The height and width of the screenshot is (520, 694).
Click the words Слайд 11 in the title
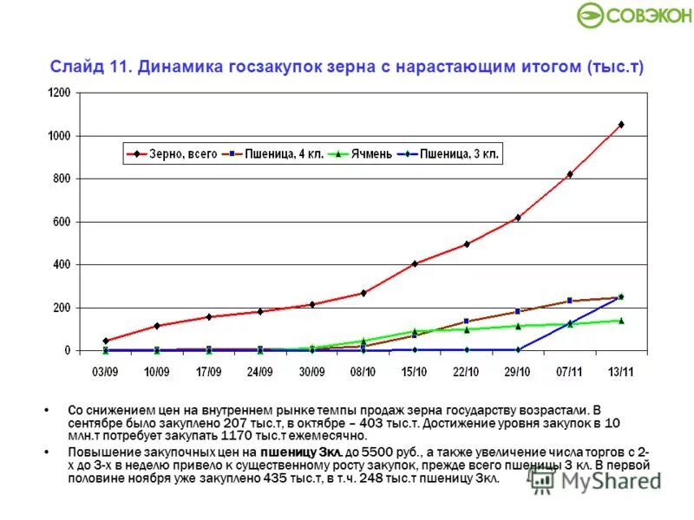[90, 66]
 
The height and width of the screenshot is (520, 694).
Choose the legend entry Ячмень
[370, 154]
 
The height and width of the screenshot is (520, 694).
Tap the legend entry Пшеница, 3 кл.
[456, 154]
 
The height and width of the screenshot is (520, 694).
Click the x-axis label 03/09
[105, 372]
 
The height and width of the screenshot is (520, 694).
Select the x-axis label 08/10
[363, 372]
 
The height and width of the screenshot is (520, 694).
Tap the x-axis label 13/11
[620, 372]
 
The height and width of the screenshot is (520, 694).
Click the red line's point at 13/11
[621, 125]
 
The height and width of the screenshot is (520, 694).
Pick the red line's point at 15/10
[415, 263]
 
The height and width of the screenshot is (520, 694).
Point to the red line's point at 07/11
[570, 174]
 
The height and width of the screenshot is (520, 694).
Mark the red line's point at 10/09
[157, 326]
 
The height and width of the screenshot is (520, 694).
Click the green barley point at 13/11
[621, 321]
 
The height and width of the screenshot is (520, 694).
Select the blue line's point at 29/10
[518, 349]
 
